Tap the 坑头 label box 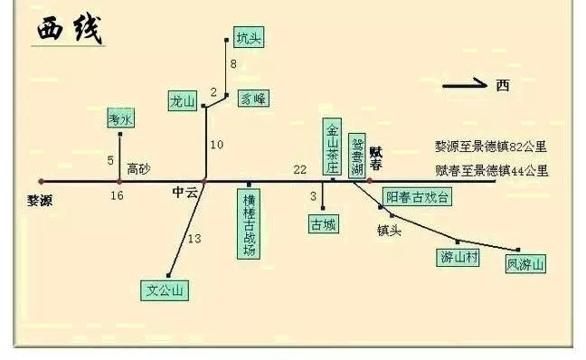(x=249, y=38)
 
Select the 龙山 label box (x=183, y=101)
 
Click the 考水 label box (x=120, y=118)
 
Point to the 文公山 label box (x=166, y=290)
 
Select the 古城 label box (x=323, y=223)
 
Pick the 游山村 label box (x=458, y=257)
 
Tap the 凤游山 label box (x=525, y=264)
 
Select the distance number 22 (x=300, y=170)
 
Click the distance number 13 (x=194, y=239)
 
